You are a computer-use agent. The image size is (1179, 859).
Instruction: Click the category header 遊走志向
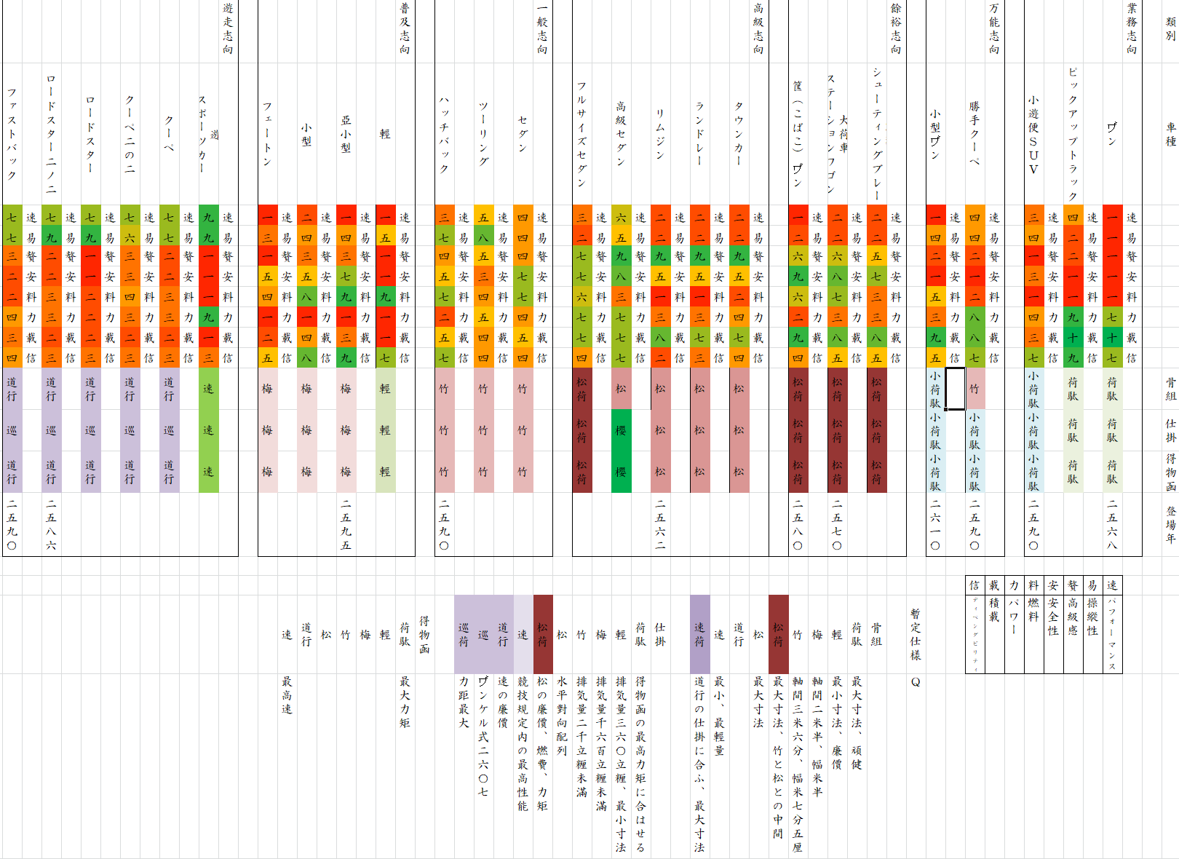(x=228, y=28)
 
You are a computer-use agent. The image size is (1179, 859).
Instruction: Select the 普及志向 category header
(x=405, y=28)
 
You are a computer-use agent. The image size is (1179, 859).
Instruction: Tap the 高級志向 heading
(x=758, y=28)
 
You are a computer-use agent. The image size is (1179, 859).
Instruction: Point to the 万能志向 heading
(x=994, y=28)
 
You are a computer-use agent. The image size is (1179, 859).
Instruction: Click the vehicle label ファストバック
(x=12, y=134)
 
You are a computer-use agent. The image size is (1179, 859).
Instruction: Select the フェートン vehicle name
(x=268, y=134)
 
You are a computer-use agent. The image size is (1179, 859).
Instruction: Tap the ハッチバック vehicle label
(x=444, y=134)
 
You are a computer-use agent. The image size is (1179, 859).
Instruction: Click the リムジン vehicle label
(x=660, y=134)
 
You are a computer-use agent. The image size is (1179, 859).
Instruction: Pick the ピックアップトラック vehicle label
(x=1073, y=134)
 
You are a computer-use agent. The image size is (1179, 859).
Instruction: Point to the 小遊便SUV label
(x=1033, y=134)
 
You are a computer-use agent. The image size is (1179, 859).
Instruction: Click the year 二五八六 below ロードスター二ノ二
(x=51, y=524)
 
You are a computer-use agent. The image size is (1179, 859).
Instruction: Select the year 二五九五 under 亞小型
(x=346, y=524)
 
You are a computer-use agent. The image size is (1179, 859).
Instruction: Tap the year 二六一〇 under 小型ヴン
(x=935, y=524)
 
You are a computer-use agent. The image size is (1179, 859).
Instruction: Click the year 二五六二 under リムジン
(x=660, y=524)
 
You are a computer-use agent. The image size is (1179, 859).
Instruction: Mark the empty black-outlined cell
(x=955, y=389)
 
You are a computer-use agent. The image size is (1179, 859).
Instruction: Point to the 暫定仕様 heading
(x=916, y=634)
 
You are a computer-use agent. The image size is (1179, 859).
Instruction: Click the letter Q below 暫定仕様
(x=916, y=682)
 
